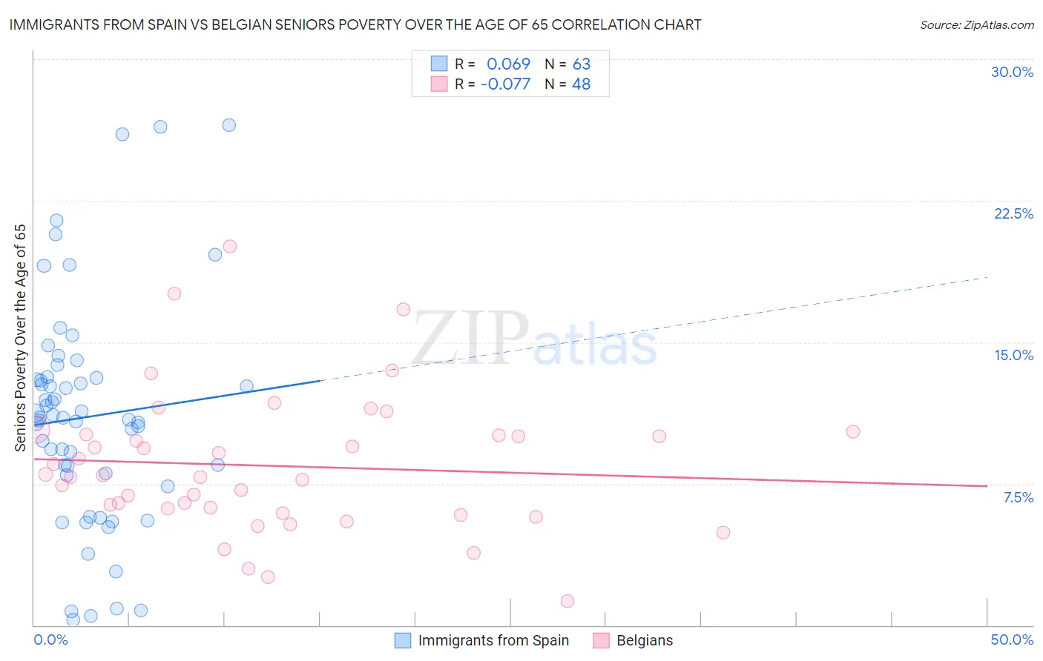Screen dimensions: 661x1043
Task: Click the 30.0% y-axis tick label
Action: tap(1012, 72)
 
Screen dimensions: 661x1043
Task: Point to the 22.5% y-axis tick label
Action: tap(1013, 213)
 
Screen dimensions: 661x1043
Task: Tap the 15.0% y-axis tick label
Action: tap(1013, 355)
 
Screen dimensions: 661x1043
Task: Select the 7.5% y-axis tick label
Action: tap(1018, 497)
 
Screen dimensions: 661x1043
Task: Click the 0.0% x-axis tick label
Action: tap(50, 640)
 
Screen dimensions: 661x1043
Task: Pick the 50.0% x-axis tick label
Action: tap(1012, 640)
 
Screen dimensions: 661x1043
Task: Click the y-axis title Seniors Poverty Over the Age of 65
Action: tap(20, 337)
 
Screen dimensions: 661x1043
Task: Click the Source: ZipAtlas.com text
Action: tap(976, 24)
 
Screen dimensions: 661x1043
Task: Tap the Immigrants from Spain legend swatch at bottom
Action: tap(403, 640)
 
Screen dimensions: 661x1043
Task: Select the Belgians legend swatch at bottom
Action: tap(602, 640)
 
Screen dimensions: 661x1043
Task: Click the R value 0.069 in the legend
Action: tap(508, 64)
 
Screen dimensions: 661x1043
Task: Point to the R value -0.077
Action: tap(505, 84)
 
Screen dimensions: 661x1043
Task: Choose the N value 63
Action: tap(581, 64)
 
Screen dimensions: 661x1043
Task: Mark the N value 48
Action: tap(581, 84)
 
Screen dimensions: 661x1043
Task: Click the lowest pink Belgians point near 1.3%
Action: tap(567, 601)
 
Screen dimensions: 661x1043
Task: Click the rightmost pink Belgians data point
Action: tap(853, 431)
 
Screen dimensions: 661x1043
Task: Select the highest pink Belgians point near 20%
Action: tap(230, 246)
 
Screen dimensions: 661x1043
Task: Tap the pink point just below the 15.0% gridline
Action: tap(392, 370)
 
